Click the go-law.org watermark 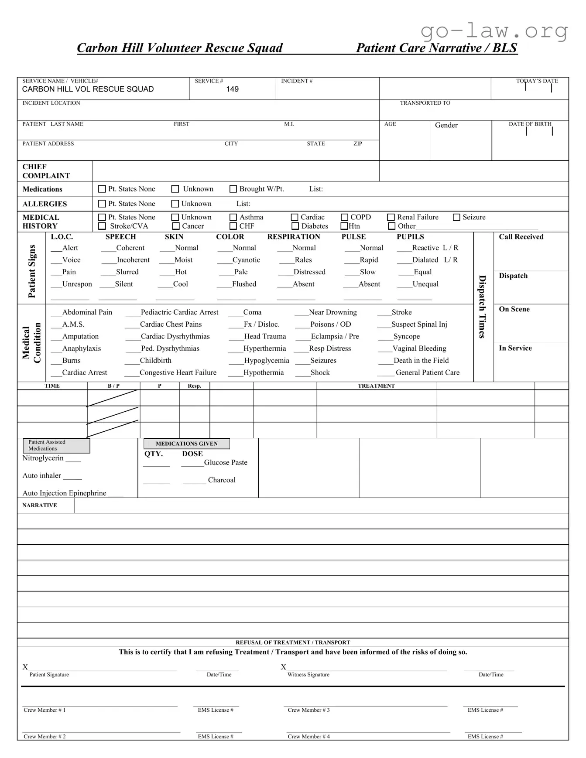click(494, 31)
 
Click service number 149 click(232, 89)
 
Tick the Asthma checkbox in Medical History click(233, 217)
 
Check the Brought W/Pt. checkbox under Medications click(233, 189)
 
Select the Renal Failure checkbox click(391, 217)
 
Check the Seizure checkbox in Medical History click(456, 217)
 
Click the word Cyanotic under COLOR click(246, 260)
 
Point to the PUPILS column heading click(410, 237)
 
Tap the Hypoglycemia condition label click(266, 361)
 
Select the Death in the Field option click(421, 361)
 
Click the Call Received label click(521, 237)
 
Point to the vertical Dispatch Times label click(482, 307)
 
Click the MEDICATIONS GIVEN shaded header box click(187, 444)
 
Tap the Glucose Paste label click(226, 462)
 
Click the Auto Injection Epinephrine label click(64, 493)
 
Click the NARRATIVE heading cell click(40, 505)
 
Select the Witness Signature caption click(308, 675)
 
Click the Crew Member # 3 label click(308, 710)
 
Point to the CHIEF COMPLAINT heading click(46, 171)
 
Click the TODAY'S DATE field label click(537, 81)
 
